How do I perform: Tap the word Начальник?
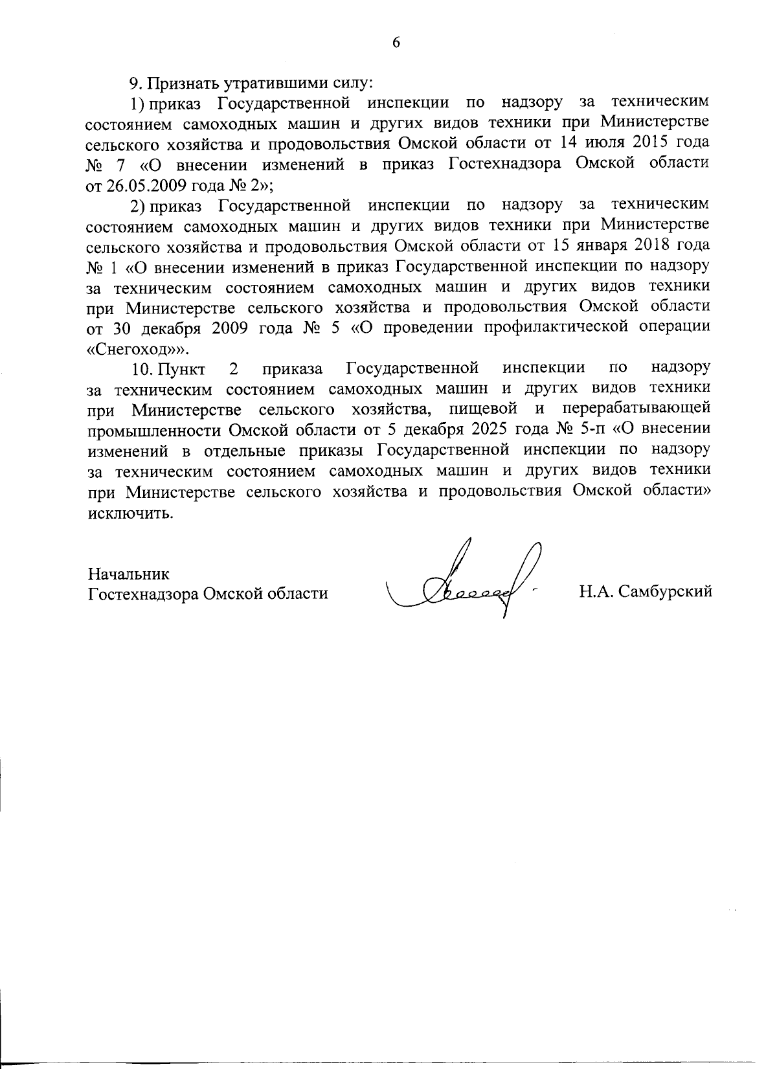128,574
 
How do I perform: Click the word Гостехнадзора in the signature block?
143,593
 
